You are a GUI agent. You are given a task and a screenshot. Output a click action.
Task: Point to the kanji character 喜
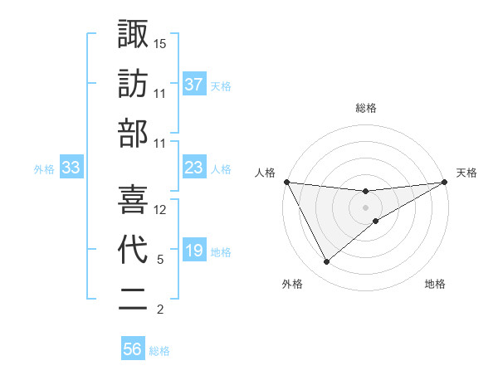click(133, 198)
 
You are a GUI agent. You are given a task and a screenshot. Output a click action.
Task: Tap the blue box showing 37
click(193, 84)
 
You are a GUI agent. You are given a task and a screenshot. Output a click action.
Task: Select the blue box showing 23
click(193, 168)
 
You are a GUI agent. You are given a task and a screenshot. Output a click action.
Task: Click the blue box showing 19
click(193, 251)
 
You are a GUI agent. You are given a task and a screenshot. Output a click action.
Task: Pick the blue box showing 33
click(71, 168)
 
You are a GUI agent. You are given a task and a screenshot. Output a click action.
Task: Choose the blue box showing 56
click(133, 349)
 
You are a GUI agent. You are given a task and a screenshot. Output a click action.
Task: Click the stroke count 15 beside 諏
click(160, 42)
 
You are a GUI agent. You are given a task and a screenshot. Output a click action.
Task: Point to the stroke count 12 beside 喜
click(160, 210)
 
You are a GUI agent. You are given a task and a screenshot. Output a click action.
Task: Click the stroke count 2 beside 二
click(160, 310)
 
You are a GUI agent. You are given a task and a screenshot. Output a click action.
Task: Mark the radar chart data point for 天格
click(444, 182)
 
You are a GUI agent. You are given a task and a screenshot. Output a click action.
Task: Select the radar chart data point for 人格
click(287, 182)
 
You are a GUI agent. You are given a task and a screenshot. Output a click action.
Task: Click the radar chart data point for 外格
click(326, 262)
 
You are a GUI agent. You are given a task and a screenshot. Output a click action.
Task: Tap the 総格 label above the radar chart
click(366, 108)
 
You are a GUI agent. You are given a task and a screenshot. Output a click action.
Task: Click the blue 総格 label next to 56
click(159, 351)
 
